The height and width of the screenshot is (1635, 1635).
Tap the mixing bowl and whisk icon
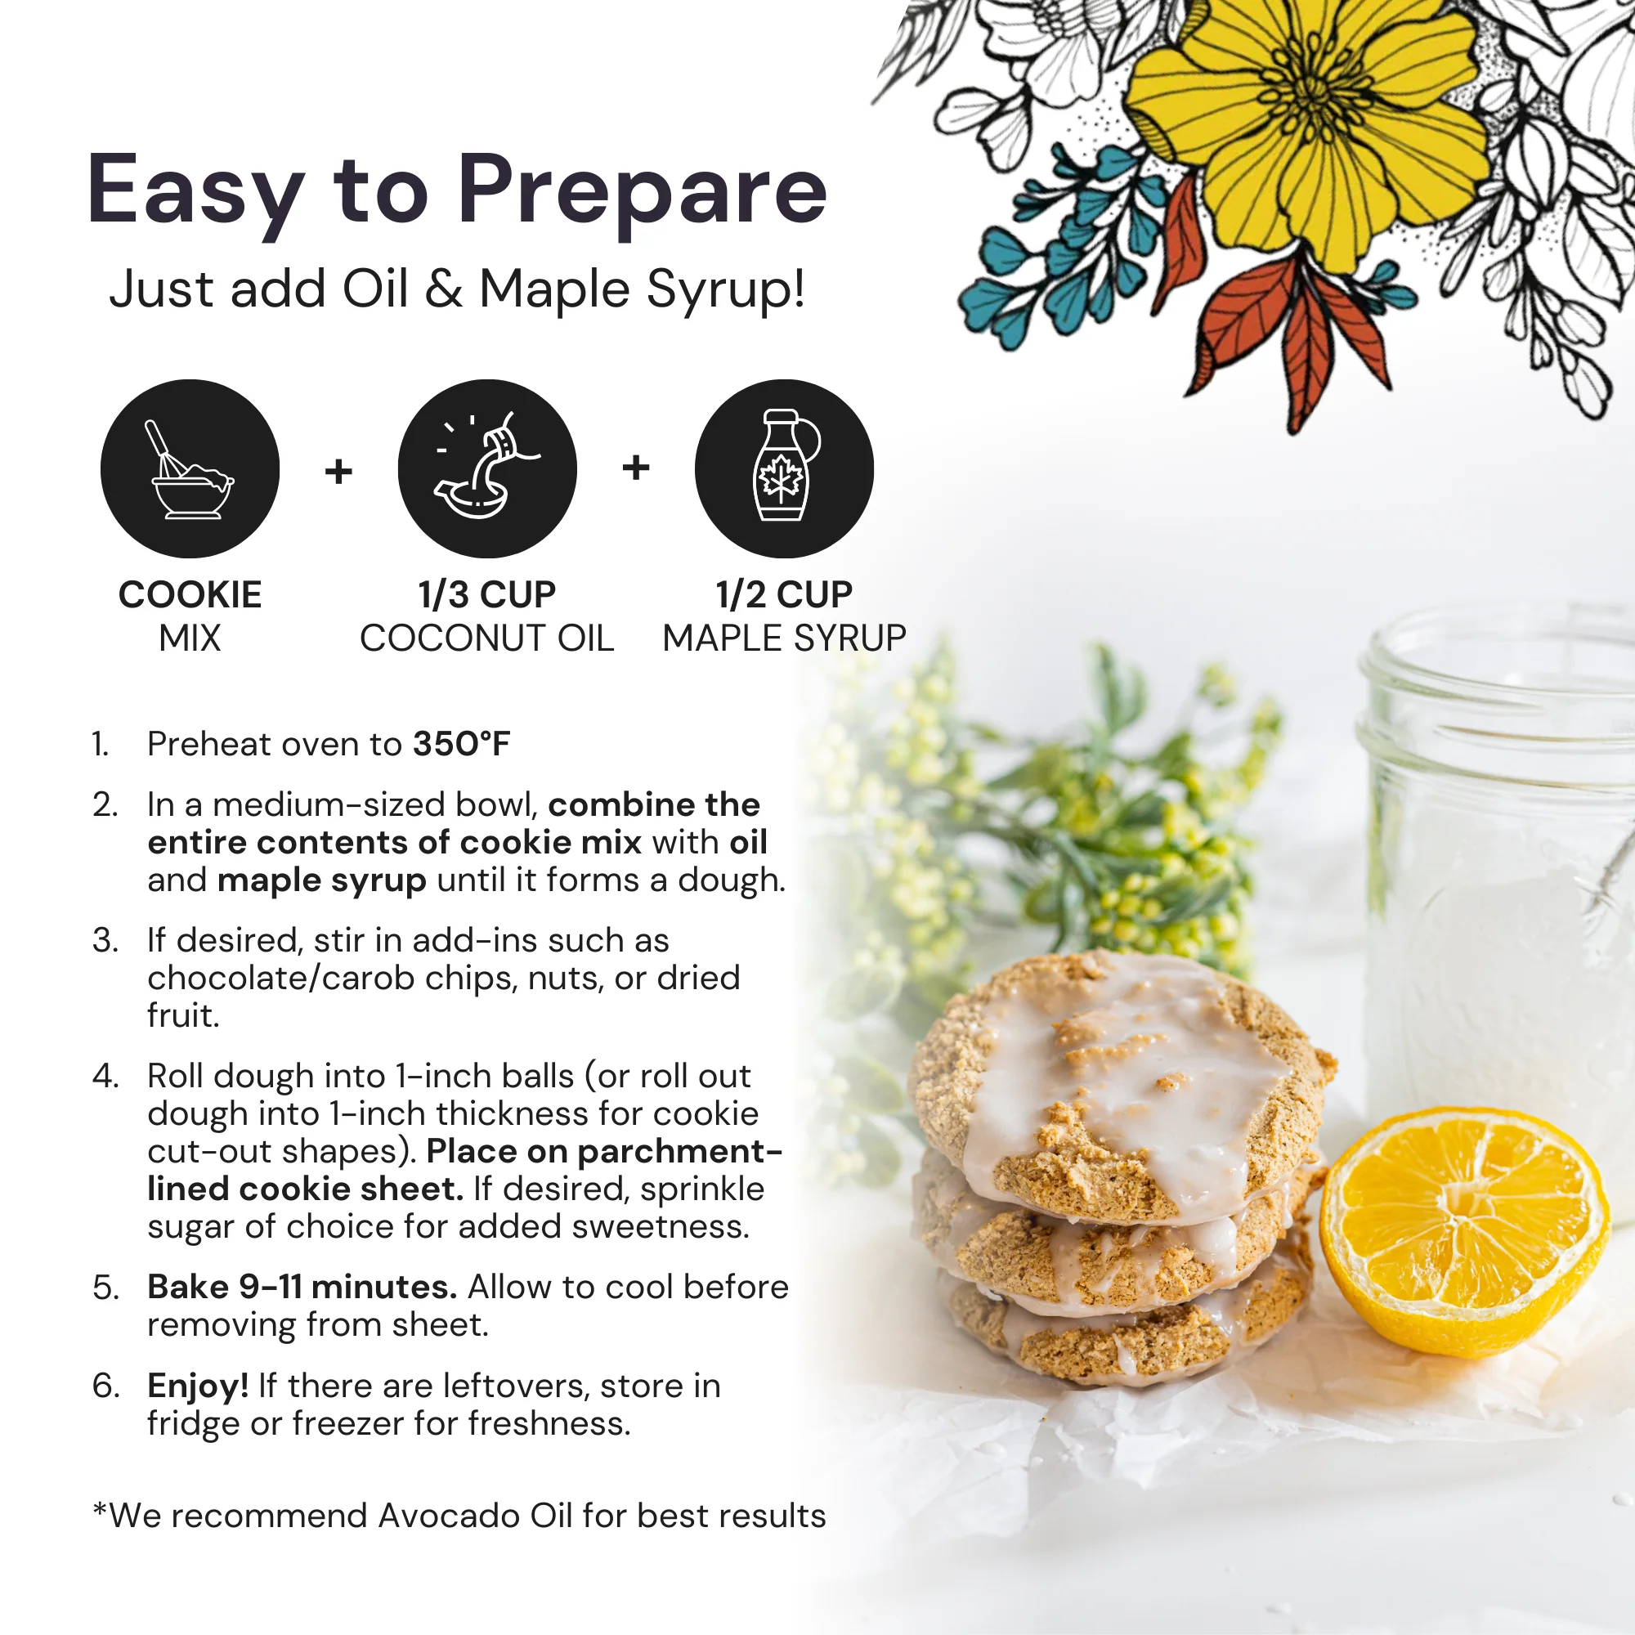tap(190, 468)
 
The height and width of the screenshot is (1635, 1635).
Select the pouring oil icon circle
tap(487, 468)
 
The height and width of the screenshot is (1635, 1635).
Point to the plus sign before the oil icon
tap(338, 471)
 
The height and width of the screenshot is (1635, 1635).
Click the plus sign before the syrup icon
tap(635, 466)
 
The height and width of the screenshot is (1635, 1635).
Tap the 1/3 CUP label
tap(486, 595)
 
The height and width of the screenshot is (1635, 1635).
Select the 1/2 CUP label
tap(784, 595)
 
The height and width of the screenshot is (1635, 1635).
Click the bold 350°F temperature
tap(461, 744)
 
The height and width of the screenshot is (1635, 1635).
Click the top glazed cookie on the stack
tap(1117, 1083)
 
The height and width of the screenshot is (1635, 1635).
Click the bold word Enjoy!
tap(198, 1386)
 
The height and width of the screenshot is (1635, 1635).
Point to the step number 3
tap(105, 940)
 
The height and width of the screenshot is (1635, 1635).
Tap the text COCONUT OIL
tap(486, 638)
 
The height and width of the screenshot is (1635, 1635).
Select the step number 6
tap(105, 1386)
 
